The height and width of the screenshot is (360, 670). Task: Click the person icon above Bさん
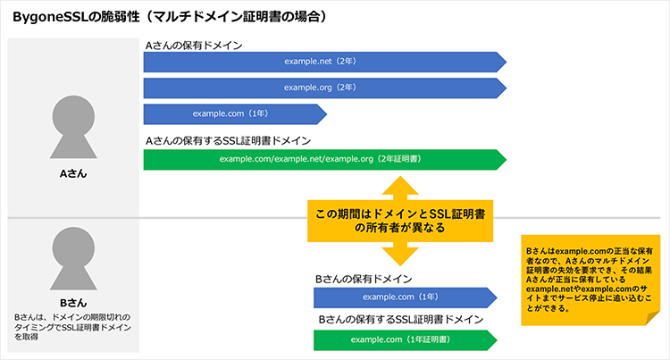click(x=73, y=259)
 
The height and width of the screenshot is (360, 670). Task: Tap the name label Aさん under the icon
click(x=73, y=172)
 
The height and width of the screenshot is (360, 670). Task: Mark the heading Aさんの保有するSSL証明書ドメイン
click(x=228, y=140)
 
